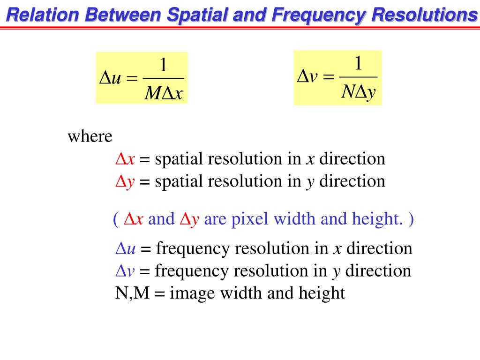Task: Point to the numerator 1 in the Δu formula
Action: [x=163, y=65]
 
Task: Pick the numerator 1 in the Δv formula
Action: [x=358, y=63]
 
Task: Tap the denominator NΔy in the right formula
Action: [x=358, y=92]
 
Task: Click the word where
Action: [x=90, y=137]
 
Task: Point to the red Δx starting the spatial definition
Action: [x=125, y=159]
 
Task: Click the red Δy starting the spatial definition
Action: [x=125, y=182]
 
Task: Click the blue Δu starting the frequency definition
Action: [x=126, y=248]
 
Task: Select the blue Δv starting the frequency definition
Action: [x=125, y=271]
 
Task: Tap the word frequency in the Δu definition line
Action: [x=193, y=248]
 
